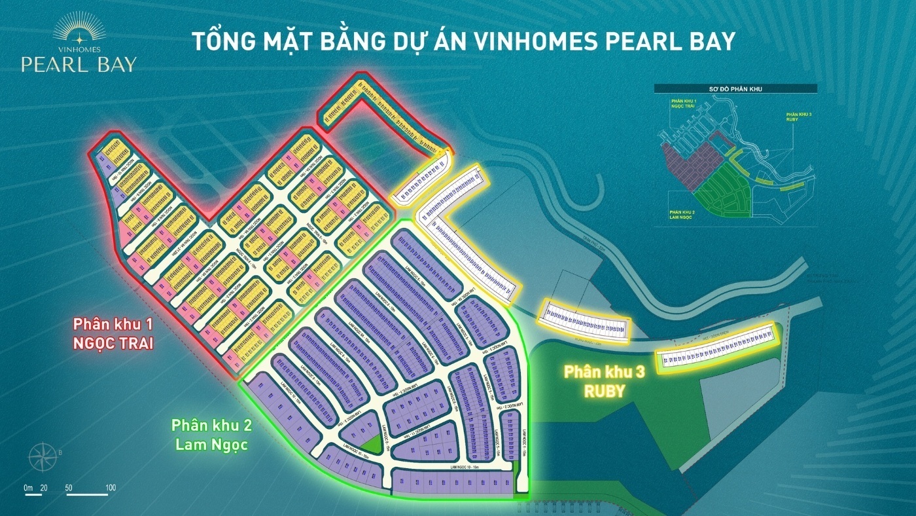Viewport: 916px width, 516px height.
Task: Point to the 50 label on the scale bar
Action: (x=69, y=488)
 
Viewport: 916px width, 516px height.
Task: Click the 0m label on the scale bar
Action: (x=27, y=488)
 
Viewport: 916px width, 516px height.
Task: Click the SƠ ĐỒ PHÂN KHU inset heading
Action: (x=736, y=88)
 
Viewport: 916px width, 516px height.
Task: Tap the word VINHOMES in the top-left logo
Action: (x=79, y=49)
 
